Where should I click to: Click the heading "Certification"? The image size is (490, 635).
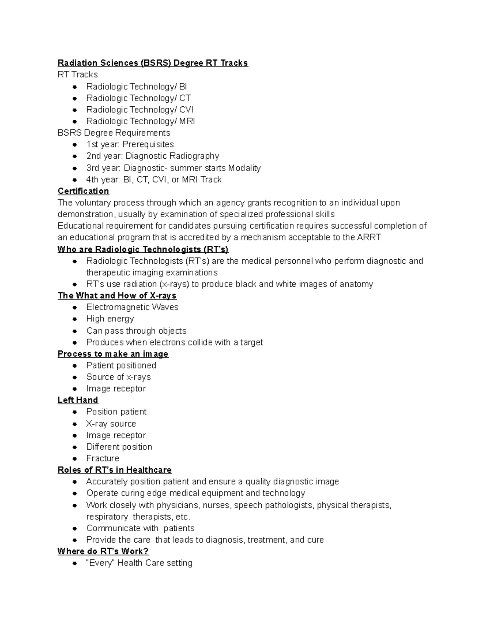click(x=83, y=191)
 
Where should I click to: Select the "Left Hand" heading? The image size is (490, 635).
click(x=78, y=400)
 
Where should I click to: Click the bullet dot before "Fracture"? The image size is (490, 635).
click(x=75, y=458)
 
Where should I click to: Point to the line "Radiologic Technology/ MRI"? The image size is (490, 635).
click(x=140, y=121)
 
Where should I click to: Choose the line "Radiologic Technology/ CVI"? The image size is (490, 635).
click(x=140, y=110)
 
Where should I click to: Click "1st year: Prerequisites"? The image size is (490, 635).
click(x=130, y=144)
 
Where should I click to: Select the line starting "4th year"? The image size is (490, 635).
click(x=154, y=180)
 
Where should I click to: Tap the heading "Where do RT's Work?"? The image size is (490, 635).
click(x=103, y=551)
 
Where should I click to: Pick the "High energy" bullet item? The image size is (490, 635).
click(x=110, y=319)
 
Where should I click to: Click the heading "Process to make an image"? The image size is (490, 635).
click(x=113, y=354)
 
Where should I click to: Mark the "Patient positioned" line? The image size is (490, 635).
click(x=121, y=365)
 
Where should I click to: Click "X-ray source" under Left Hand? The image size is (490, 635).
click(x=111, y=424)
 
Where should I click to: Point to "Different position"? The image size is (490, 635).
click(x=119, y=447)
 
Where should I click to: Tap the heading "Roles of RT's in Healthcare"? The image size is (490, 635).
click(x=114, y=470)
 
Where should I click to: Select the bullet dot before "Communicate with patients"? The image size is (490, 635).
click(x=75, y=528)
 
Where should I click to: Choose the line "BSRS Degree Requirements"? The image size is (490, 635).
click(x=114, y=132)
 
